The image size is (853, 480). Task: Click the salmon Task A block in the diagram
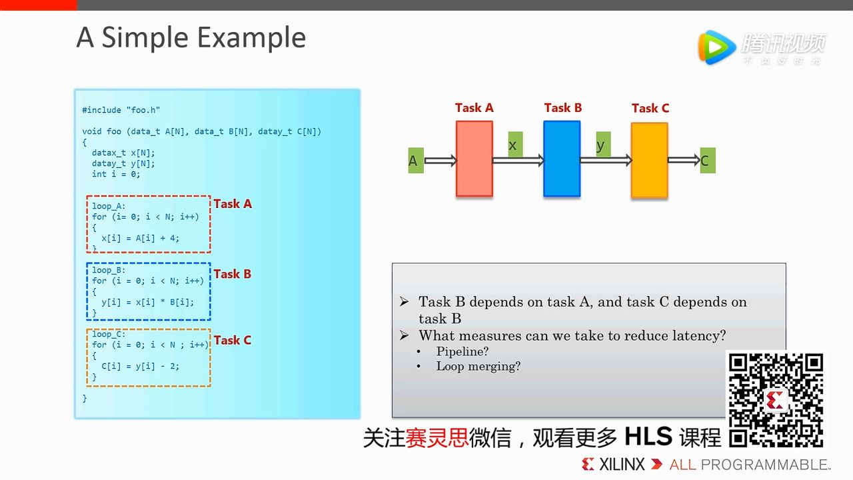474,159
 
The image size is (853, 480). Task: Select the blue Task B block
562,159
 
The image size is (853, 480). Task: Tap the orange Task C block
649,160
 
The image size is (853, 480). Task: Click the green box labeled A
416,161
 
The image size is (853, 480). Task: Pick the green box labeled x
515,145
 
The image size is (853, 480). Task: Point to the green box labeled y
603,145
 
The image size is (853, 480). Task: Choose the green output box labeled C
708,161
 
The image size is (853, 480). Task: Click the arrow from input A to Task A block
440,161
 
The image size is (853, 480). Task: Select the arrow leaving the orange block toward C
684,160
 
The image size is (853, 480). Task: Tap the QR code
776,400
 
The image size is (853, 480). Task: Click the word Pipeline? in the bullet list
462,351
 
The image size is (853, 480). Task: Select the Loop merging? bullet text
478,366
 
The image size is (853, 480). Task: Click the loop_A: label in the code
109,206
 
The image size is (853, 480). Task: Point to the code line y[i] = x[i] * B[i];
148,302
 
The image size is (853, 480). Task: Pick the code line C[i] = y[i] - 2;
140,366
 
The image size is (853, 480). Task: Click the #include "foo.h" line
121,110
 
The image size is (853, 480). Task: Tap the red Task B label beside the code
233,274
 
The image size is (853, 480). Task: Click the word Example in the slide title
252,38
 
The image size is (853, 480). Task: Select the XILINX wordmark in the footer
622,465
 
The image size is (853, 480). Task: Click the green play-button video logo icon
716,47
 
